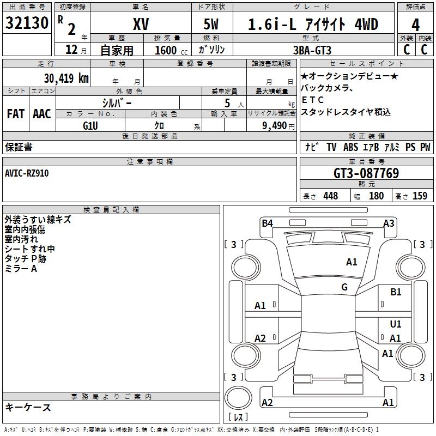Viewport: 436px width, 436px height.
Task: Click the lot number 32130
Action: pos(27,25)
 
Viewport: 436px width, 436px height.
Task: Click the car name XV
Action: pos(140,25)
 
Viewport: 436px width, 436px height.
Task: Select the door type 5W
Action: pos(212,25)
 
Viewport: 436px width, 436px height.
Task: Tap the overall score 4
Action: pos(416,25)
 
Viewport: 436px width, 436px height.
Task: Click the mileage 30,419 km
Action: pos(66,78)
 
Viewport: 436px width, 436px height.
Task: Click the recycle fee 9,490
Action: pos(275,125)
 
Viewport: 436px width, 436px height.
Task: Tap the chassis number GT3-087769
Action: pos(366,173)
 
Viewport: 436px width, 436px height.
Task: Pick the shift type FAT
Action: pos(16,114)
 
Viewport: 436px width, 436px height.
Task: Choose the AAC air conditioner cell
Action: pos(42,114)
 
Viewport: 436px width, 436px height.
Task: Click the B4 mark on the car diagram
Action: pos(267,223)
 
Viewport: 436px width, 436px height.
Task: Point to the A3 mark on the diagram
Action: pos(389,223)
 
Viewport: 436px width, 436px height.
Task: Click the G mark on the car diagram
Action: pos(344,287)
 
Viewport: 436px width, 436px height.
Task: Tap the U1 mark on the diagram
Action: pos(396,324)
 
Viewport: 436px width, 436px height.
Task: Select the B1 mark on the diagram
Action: pos(396,292)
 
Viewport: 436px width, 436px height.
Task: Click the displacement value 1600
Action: pos(166,50)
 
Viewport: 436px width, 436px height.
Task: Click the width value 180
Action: pos(376,196)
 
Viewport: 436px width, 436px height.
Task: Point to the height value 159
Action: pos(420,196)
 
